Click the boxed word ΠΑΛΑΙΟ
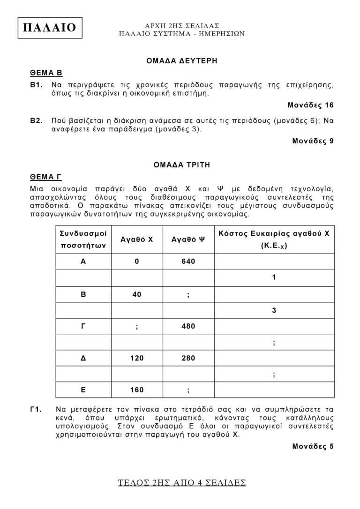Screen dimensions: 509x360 point(49,28)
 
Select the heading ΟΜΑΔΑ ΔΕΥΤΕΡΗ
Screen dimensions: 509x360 point(182,60)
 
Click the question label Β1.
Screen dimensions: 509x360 point(37,85)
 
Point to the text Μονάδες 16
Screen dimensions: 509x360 point(310,105)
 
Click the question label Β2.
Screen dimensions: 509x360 point(37,120)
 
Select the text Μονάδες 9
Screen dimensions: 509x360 point(313,141)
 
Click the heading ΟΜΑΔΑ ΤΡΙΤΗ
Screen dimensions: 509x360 point(182,165)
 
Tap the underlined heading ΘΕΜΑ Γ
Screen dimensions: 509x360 point(46,177)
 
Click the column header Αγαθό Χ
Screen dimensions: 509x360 point(137,239)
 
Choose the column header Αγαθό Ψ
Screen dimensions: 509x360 point(188,239)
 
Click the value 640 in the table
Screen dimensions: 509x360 point(188,262)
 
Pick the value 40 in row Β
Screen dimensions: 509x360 point(137,294)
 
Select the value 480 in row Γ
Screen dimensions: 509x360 point(188,326)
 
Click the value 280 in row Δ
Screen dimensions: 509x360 point(188,358)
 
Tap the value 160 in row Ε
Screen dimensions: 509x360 point(137,390)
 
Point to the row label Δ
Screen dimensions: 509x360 point(83,358)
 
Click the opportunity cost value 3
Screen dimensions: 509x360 point(274,310)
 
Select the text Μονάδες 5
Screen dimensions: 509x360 point(313,446)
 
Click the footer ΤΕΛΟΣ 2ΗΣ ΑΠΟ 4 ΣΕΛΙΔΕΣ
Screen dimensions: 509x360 point(182,483)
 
